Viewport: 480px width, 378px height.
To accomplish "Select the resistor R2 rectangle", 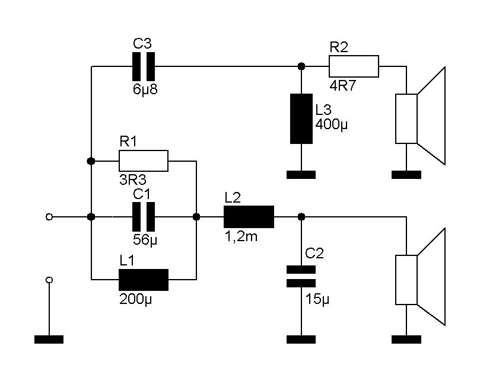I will click(354, 66).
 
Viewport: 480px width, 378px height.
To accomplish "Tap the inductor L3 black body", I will click(301, 118).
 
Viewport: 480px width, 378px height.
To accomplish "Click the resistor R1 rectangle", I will click(144, 161).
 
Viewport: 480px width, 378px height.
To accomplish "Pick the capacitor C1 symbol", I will click(144, 217).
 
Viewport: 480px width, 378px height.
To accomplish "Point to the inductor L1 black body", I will click(144, 279).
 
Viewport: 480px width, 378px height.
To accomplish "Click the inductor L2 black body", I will click(249, 217).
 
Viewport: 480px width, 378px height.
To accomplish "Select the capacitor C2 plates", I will click(301, 277).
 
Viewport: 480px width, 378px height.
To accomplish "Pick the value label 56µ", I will click(144, 241).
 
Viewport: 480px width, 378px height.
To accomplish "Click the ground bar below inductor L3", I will click(301, 175).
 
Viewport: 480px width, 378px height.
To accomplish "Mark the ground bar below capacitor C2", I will click(301, 339).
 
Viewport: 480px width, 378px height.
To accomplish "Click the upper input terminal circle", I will click(49, 217).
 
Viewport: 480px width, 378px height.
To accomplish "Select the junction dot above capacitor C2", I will click(301, 217).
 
